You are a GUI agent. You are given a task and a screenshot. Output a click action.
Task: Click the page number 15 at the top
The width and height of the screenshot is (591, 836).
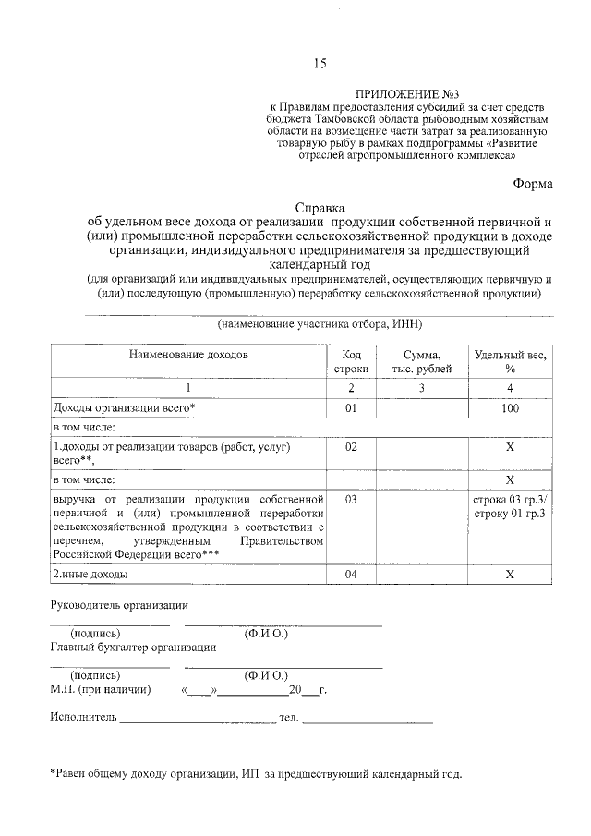coord(320,64)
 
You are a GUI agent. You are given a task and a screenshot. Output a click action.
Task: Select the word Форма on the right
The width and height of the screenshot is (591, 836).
coord(534,183)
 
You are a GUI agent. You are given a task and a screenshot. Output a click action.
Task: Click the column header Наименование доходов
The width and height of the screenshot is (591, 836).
coord(188,355)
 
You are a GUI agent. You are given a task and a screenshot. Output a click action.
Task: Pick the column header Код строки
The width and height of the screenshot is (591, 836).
coord(351,361)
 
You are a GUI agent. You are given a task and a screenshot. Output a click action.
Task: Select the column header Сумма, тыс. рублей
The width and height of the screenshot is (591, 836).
coord(421,361)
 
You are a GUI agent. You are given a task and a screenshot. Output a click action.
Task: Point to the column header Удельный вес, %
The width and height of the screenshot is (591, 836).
coord(510,361)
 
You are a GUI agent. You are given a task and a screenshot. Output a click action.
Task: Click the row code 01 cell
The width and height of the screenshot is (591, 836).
coord(351,407)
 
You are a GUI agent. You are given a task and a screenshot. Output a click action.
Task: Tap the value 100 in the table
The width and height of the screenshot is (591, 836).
coord(510,407)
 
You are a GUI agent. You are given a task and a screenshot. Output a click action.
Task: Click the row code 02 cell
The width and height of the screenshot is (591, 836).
coord(351,447)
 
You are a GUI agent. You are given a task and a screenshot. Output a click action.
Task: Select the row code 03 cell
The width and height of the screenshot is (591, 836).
coord(351,499)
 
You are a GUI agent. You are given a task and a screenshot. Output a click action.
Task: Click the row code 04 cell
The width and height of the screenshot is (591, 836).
coord(351,575)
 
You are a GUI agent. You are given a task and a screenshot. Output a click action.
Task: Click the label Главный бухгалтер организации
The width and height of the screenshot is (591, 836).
coord(133,648)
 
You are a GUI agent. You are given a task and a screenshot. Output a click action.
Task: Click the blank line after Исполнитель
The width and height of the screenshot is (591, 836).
coord(197,718)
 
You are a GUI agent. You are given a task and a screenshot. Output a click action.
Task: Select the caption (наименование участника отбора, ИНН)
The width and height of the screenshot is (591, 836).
coord(320,324)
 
